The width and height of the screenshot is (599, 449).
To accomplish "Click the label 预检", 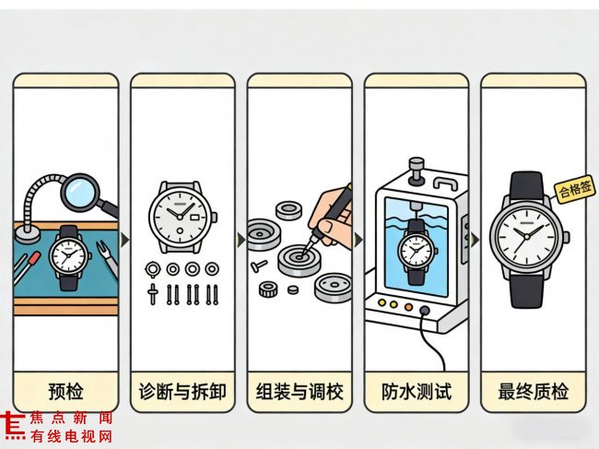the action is [x=65, y=391].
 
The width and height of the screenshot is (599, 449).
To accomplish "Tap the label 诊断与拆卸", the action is [x=182, y=391].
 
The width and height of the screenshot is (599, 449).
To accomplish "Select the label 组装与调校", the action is [x=299, y=391].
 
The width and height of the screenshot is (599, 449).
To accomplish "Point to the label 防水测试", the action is [x=417, y=391].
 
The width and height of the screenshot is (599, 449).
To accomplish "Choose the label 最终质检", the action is [x=534, y=391].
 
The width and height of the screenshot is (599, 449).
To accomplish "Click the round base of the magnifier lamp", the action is [x=27, y=234].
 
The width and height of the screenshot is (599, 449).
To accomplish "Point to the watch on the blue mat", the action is [x=69, y=257].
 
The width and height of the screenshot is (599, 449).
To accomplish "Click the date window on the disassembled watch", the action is [x=194, y=217].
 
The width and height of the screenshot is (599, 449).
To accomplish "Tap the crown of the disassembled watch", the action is [x=215, y=217].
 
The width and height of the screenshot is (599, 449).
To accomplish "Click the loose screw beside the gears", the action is [x=259, y=266].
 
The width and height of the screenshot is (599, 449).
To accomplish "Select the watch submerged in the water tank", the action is [x=417, y=253].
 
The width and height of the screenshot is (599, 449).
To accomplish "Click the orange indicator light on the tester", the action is [x=408, y=306].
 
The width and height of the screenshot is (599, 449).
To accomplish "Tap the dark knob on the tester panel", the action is [x=425, y=310].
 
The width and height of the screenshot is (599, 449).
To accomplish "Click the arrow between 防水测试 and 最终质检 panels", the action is [x=475, y=240].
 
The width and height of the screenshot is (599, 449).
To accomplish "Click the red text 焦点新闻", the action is [x=71, y=418].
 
